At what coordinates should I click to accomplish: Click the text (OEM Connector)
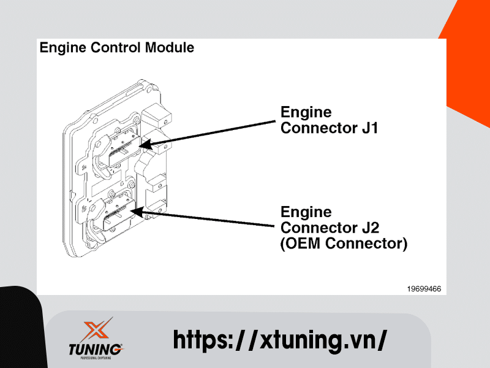tap(344, 243)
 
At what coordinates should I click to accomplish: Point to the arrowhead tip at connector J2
tap(132, 212)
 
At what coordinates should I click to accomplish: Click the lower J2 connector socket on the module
tap(116, 212)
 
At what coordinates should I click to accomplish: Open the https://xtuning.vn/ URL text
tap(280, 339)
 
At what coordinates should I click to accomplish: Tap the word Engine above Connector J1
tap(306, 112)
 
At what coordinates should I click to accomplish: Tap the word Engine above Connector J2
tap(306, 212)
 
